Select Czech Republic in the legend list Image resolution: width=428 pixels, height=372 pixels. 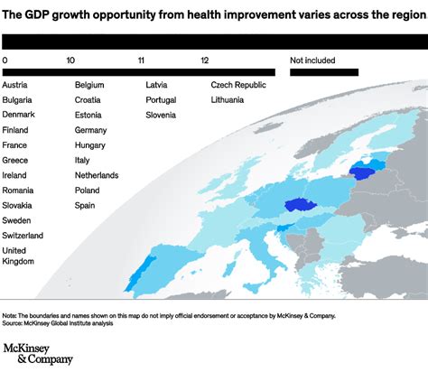click(239, 85)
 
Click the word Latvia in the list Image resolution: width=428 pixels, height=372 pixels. click(159, 85)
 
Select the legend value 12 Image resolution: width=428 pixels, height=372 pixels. click(206, 60)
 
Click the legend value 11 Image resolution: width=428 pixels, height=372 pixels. click(141, 60)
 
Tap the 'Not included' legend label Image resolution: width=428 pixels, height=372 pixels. click(312, 60)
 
